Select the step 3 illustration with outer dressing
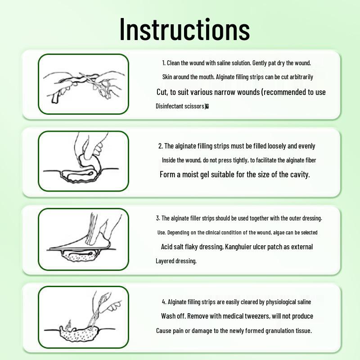(84, 239)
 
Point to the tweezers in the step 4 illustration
(101, 306)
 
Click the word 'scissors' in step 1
(194, 106)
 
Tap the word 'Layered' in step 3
(165, 261)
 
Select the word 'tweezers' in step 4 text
(256, 316)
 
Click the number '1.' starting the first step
(164, 63)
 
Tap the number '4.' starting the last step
(164, 301)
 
